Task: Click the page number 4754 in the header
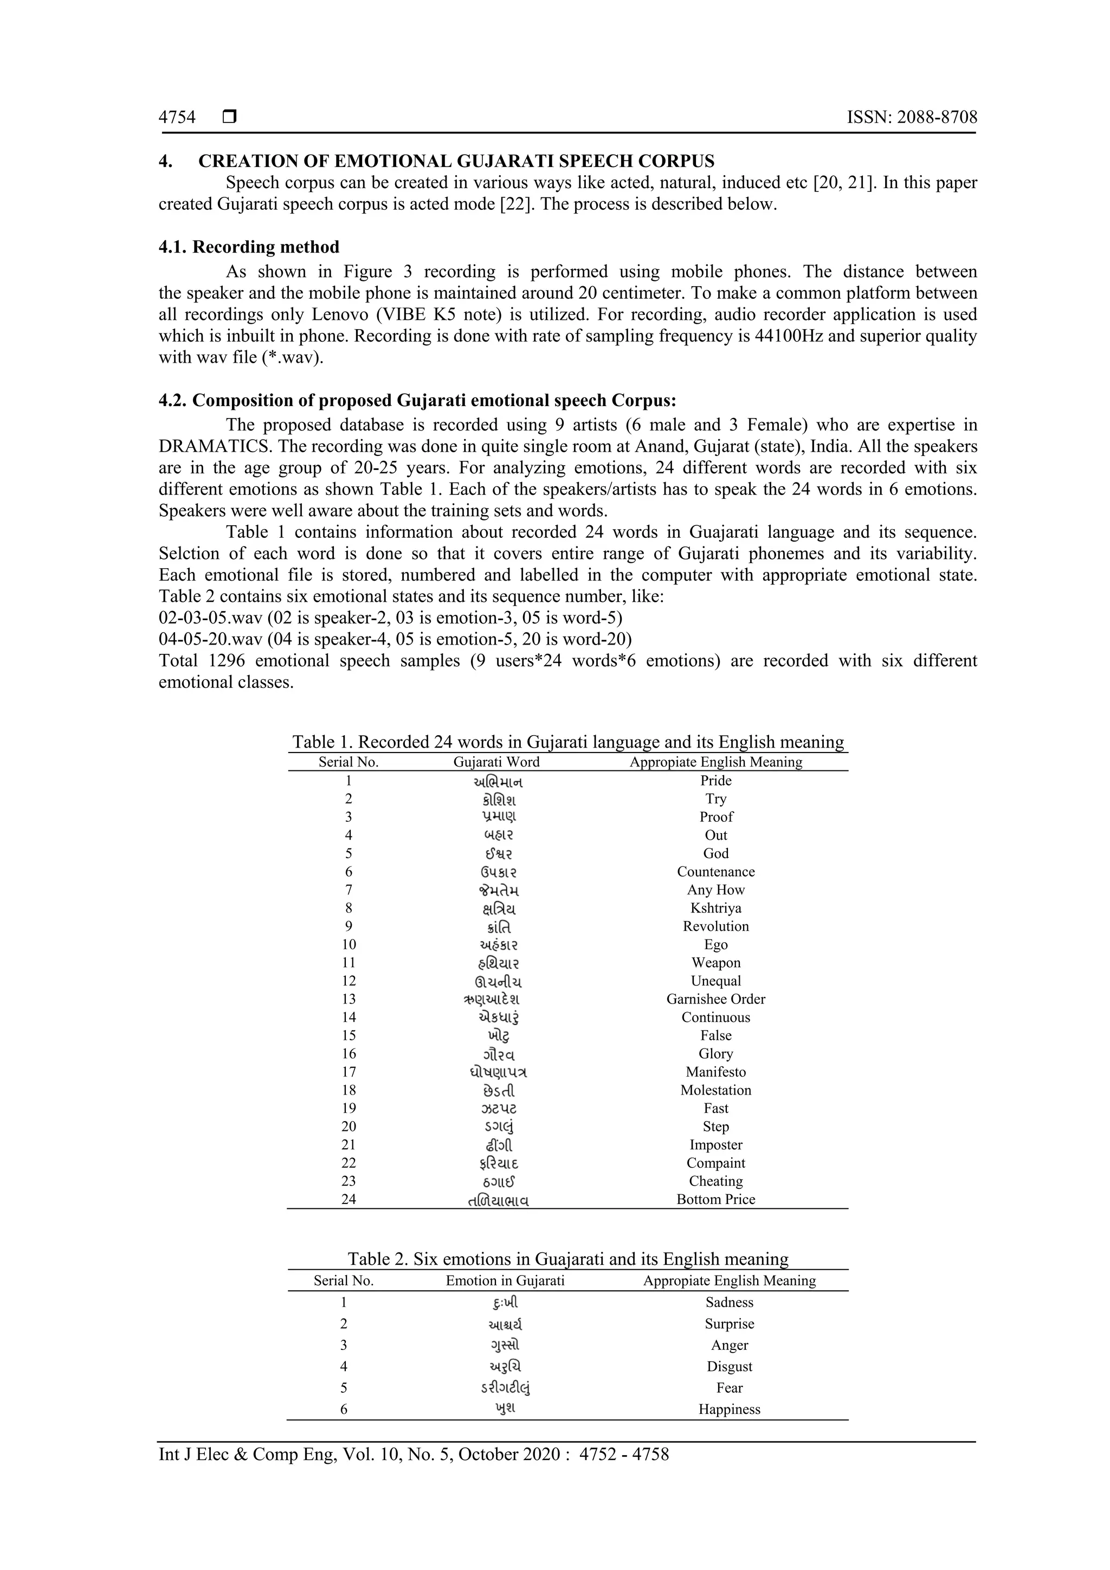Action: tap(177, 118)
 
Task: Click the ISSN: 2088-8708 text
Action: tap(912, 118)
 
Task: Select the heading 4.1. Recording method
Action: tap(249, 247)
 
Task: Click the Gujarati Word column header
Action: tap(496, 762)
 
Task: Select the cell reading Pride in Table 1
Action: tap(715, 780)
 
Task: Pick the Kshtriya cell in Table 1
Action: tap(715, 908)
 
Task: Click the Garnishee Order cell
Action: tap(715, 999)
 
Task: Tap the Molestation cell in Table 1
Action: tap(715, 1090)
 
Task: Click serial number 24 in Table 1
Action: tap(349, 1199)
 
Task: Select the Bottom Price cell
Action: tap(715, 1199)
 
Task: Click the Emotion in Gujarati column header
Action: tap(505, 1281)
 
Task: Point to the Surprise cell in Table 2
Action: tap(730, 1324)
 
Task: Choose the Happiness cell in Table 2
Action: tap(730, 1410)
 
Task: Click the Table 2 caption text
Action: tap(567, 1259)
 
